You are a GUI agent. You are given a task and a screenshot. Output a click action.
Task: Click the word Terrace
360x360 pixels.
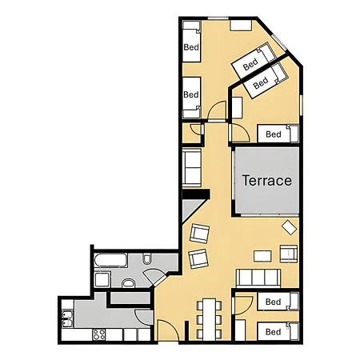(x=266, y=181)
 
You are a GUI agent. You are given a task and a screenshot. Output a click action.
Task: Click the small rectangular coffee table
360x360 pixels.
(x=262, y=257)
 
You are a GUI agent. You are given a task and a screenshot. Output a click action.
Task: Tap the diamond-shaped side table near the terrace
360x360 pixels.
(x=290, y=228)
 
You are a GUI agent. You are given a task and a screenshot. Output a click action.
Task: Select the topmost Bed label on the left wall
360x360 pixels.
(x=191, y=47)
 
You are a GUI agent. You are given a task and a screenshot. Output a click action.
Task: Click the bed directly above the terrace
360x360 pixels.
(x=274, y=134)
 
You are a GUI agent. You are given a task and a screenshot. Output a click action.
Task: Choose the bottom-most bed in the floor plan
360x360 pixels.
(x=274, y=331)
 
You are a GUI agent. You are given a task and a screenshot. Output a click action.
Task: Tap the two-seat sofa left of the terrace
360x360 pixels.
(x=192, y=166)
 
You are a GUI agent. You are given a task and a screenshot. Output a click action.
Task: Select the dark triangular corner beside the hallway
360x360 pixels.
(x=190, y=211)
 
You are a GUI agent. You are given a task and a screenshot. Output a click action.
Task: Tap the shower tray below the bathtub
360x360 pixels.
(x=102, y=279)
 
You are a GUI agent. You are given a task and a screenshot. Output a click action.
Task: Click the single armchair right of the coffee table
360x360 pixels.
(x=289, y=254)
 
